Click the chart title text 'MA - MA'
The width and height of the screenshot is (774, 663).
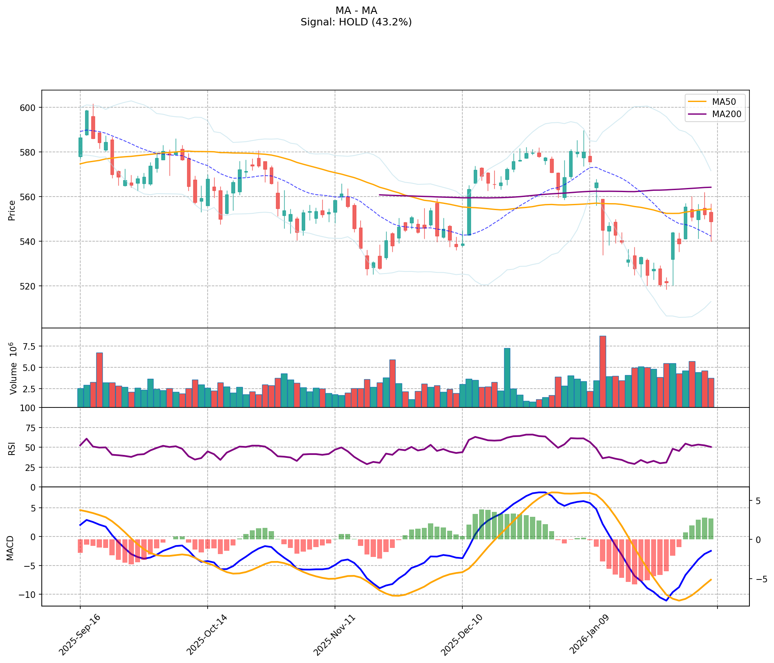356,11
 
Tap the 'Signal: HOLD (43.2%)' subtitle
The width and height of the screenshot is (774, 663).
356,22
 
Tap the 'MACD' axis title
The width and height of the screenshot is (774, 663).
10,548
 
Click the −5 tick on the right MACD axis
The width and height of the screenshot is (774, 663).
758,579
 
